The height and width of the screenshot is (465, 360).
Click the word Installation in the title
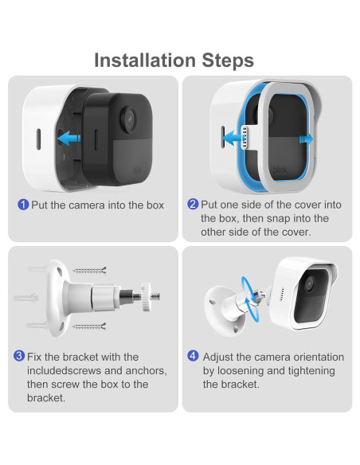click(x=145, y=61)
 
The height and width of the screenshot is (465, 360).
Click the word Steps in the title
click(x=228, y=61)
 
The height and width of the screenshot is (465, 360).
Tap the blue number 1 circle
click(x=23, y=205)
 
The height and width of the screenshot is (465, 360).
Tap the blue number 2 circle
click(x=193, y=204)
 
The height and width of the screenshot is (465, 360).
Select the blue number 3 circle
click(x=19, y=356)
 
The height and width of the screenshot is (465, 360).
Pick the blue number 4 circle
click(x=193, y=356)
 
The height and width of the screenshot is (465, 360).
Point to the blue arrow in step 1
click(x=68, y=139)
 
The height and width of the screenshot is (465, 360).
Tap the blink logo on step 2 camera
click(x=280, y=170)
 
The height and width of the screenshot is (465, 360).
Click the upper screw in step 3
click(x=89, y=271)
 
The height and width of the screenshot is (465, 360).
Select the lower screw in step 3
click(x=89, y=326)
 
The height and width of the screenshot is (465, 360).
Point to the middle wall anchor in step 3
click(x=25, y=298)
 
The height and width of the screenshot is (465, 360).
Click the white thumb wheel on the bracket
click(x=147, y=297)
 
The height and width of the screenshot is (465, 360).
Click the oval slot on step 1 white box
click(x=38, y=139)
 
